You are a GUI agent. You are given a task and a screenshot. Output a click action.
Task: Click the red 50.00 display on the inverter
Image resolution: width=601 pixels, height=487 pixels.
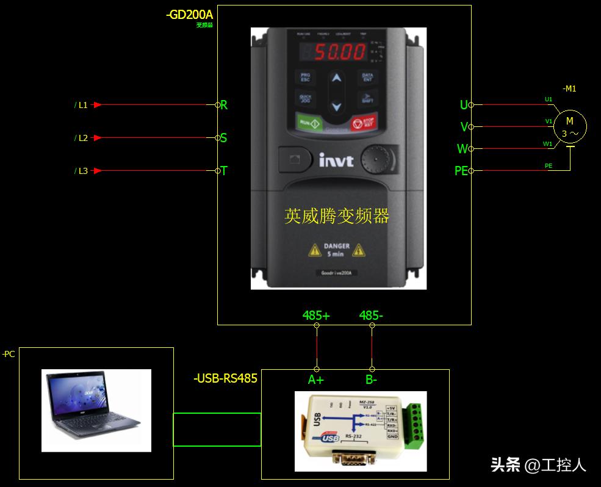[339, 52]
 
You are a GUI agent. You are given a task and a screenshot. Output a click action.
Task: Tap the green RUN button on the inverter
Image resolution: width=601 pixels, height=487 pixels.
[310, 122]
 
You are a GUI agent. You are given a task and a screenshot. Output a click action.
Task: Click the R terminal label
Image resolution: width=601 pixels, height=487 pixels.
[224, 105]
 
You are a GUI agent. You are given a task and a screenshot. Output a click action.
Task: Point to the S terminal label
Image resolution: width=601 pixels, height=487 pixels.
[223, 138]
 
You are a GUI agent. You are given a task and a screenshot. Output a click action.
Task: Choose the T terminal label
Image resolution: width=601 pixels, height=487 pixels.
[224, 171]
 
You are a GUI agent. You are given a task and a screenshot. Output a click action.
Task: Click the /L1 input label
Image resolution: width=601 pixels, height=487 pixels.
[81, 105]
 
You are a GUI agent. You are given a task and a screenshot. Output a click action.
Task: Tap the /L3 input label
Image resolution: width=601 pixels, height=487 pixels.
[81, 171]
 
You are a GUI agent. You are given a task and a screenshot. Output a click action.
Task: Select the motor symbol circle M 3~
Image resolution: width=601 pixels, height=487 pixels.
[570, 127]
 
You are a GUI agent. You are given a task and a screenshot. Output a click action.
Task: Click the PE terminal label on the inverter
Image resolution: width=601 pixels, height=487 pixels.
[461, 171]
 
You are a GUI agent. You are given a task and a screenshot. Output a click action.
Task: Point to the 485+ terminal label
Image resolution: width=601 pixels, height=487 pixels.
[316, 316]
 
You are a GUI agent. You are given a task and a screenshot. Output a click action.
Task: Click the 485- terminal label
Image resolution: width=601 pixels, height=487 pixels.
[371, 316]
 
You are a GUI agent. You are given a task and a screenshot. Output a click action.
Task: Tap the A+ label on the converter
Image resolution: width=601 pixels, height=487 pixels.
[316, 380]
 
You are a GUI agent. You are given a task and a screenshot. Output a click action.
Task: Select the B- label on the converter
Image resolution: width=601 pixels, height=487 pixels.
[371, 380]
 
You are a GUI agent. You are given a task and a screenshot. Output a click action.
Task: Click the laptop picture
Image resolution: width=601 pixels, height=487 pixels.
[96, 410]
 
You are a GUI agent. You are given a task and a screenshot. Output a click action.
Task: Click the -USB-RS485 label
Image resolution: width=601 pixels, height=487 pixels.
[225, 378]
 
